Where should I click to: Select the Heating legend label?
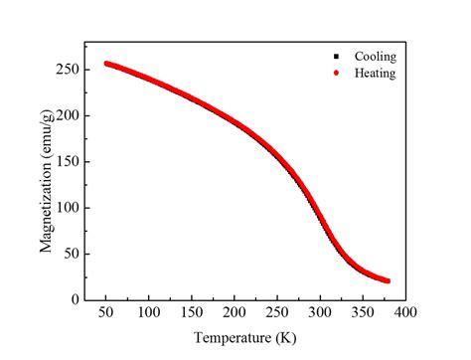(369, 73)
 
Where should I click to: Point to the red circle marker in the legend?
(337, 73)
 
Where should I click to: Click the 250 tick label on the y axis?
(67, 70)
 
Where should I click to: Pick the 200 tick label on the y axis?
(67, 115)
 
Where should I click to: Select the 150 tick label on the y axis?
(67, 161)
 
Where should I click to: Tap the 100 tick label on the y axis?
(67, 207)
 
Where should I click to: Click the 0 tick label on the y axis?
(74, 298)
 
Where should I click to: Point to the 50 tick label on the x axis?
(105, 312)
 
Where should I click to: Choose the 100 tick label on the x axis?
(148, 312)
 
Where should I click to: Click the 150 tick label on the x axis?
(191, 312)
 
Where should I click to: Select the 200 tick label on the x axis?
(234, 312)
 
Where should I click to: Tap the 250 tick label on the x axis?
(275, 312)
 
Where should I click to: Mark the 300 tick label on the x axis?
(318, 312)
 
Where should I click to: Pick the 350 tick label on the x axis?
(361, 312)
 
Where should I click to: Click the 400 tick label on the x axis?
(403, 312)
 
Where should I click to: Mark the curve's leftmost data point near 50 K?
(106, 64)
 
